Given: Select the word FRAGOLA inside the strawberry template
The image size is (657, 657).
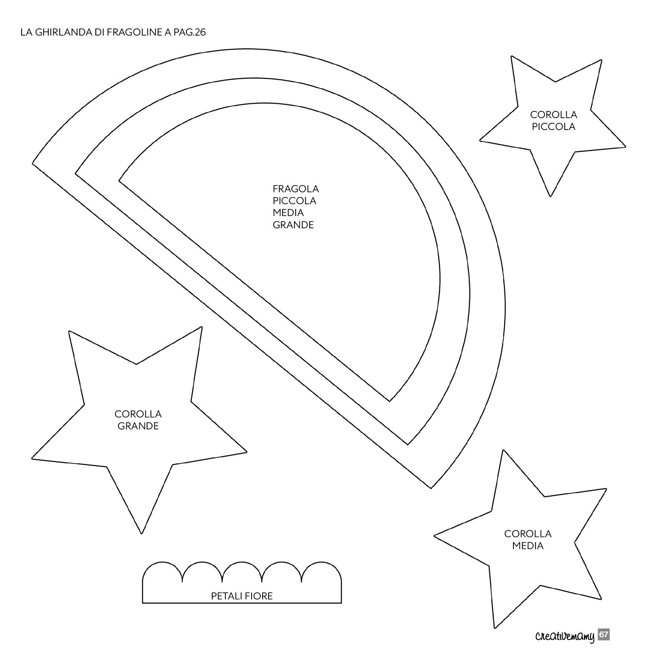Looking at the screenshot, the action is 296,189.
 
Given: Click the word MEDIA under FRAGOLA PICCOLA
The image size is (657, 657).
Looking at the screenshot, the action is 288,213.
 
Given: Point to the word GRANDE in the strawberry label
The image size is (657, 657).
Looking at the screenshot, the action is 293,225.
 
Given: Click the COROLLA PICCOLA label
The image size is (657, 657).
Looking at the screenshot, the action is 554,121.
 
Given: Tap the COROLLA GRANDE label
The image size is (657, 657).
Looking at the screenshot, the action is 138,420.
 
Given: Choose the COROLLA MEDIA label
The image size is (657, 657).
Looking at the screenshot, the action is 528,540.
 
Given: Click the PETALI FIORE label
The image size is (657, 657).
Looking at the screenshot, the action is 242,596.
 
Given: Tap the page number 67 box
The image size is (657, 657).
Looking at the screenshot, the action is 604,635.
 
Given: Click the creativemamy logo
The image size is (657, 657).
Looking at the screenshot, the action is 565,636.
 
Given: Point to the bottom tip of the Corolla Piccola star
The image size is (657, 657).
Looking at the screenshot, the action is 550,197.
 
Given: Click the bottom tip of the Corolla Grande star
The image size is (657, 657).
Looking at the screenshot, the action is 141,533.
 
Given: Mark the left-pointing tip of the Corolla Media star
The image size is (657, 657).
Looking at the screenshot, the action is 434,535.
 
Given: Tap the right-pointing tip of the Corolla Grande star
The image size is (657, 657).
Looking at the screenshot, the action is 247,452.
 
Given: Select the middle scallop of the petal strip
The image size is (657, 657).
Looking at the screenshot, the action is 242,562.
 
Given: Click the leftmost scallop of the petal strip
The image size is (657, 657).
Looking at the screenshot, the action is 163,562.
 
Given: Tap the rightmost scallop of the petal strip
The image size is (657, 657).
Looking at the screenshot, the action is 322,562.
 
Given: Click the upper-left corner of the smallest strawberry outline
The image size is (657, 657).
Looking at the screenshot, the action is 119,181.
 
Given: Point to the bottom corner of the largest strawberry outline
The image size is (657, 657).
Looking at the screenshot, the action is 431,488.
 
